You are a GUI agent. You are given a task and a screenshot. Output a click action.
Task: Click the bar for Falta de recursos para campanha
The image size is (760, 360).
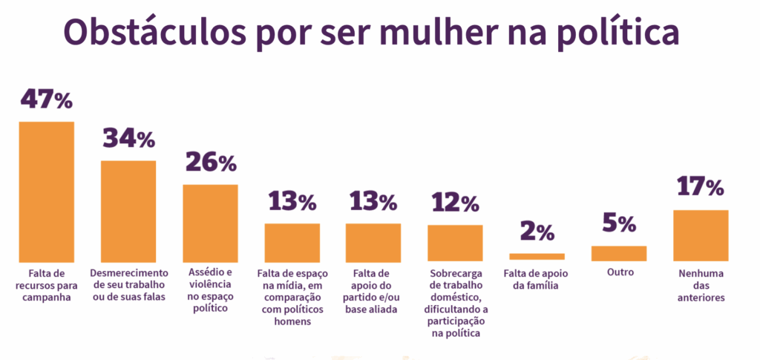[46, 191]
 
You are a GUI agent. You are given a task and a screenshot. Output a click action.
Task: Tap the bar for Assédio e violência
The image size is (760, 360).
[210, 222]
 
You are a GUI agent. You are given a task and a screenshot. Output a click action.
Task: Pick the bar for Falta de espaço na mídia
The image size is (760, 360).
[292, 242]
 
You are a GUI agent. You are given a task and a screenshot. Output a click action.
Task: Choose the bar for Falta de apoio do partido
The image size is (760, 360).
[373, 242]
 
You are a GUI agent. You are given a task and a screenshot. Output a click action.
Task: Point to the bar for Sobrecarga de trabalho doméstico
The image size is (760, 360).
[455, 243]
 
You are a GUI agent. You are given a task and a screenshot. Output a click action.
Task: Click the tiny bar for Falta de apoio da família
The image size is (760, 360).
[537, 257]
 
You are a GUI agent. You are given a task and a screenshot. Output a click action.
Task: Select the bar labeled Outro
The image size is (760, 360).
[618, 253]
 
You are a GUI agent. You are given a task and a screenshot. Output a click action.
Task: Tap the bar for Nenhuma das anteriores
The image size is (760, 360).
[700, 235]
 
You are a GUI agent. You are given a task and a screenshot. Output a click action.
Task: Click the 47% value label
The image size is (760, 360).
[46, 99]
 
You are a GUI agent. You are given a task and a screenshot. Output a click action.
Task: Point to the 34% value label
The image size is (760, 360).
[128, 139]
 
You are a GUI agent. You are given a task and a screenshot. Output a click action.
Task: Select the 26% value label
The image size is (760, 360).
[210, 163]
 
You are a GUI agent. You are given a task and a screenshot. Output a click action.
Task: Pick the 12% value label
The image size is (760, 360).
[455, 203]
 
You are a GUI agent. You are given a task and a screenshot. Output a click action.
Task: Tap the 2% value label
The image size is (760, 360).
[537, 232]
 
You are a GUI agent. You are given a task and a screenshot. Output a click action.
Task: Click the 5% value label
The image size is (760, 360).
[618, 224]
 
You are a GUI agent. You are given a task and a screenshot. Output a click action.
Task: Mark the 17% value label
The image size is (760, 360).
[700, 188]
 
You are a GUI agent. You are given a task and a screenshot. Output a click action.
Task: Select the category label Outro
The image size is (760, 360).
[619, 272]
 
